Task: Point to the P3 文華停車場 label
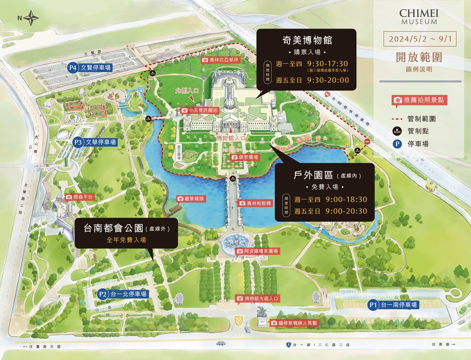pyautogui.click(x=95, y=142)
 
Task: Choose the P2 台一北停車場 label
pyautogui.click(x=123, y=294)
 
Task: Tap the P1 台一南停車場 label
pyautogui.click(x=393, y=305)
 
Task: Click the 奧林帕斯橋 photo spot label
pyautogui.click(x=254, y=203)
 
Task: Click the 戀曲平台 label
pyautogui.click(x=80, y=197)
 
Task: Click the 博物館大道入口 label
pyautogui.click(x=259, y=298)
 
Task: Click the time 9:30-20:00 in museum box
pyautogui.click(x=327, y=80)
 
